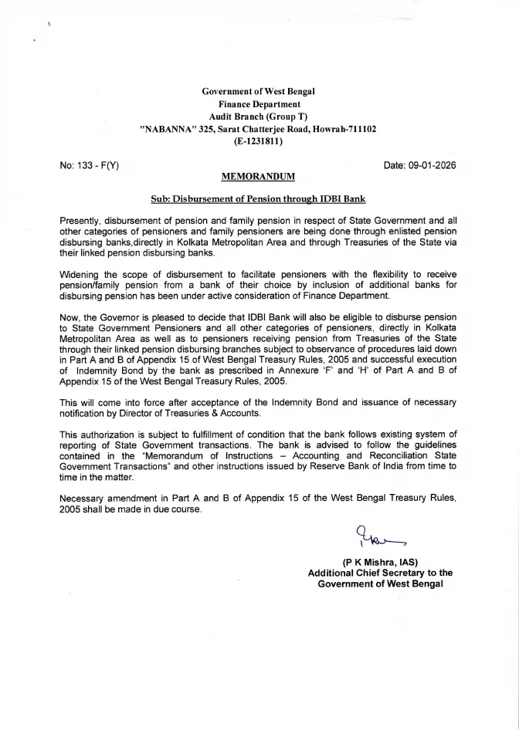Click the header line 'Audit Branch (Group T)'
coord(259,117)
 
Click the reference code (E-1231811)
coord(259,141)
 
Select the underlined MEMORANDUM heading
coord(259,177)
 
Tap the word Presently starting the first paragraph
coord(80,221)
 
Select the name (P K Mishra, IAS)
coord(380,562)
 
